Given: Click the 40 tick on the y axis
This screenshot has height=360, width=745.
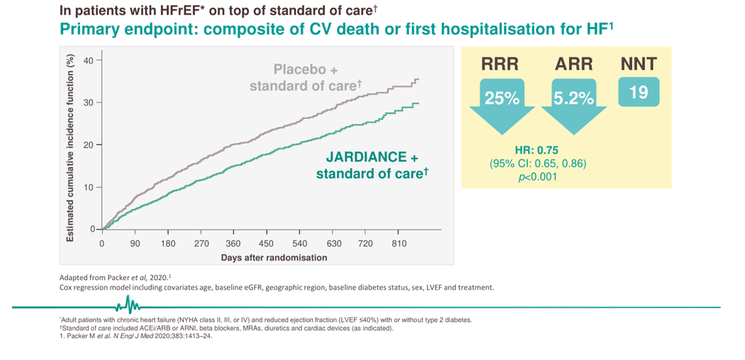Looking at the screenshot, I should click(x=88, y=60).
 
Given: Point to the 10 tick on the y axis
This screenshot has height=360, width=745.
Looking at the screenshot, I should click(x=88, y=188).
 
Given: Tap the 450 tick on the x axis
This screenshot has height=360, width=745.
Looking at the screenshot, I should click(x=266, y=243).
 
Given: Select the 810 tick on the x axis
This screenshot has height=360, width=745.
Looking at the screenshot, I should click(x=399, y=243).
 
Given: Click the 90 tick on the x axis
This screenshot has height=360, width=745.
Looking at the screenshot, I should click(x=134, y=243).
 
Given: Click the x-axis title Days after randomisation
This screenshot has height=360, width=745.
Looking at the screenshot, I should click(x=274, y=257).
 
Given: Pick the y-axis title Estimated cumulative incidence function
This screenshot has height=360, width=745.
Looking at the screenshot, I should click(x=71, y=146).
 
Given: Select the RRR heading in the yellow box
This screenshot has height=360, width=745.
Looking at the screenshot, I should click(x=500, y=64).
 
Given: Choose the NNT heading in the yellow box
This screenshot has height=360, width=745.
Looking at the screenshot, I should click(x=638, y=64).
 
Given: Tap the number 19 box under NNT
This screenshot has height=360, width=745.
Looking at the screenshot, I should click(x=638, y=92).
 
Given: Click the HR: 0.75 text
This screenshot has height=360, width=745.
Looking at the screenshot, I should click(x=536, y=151).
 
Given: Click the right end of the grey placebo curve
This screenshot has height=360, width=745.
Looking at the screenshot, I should click(x=418, y=79).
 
